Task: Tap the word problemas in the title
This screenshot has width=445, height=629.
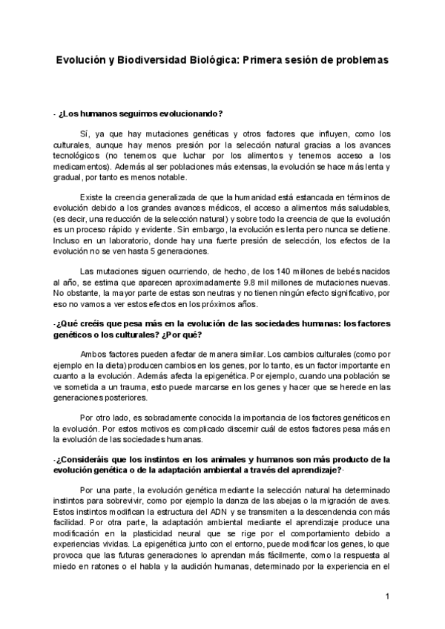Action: coord(362,62)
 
